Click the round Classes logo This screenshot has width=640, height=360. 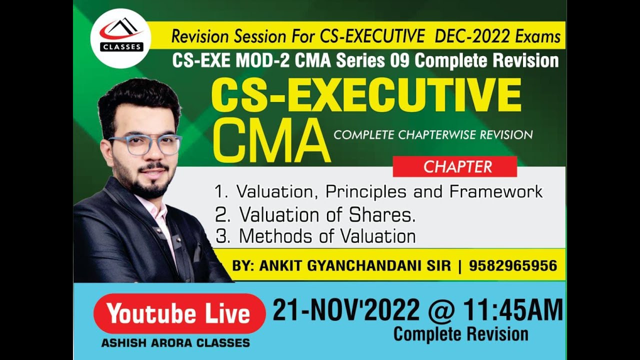[120, 38]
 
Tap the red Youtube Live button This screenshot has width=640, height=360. [178, 313]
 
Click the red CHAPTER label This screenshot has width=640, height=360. [454, 166]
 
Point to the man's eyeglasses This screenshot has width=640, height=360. [145, 144]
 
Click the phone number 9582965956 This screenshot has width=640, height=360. [512, 265]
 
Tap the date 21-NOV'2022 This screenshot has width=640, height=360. [346, 310]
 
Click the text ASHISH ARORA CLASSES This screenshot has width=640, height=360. [175, 343]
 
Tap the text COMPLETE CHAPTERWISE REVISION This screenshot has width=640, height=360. [433, 134]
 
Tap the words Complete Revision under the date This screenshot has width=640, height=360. [460, 334]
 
